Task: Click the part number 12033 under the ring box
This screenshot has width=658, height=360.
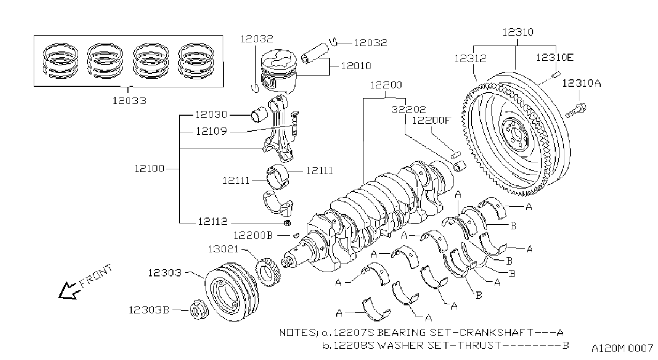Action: click(129, 101)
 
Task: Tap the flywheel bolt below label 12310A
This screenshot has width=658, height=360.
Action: click(576, 110)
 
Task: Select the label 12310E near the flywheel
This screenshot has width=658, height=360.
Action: click(555, 58)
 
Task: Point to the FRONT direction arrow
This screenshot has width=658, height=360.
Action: click(69, 291)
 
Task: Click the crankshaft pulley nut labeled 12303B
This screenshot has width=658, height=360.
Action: click(199, 309)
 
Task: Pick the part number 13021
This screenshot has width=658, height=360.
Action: click(223, 249)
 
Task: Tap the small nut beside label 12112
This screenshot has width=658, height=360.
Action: click(288, 223)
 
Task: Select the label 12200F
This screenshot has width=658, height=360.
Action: click(431, 121)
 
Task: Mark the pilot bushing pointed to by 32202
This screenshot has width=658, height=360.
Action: click(460, 166)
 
